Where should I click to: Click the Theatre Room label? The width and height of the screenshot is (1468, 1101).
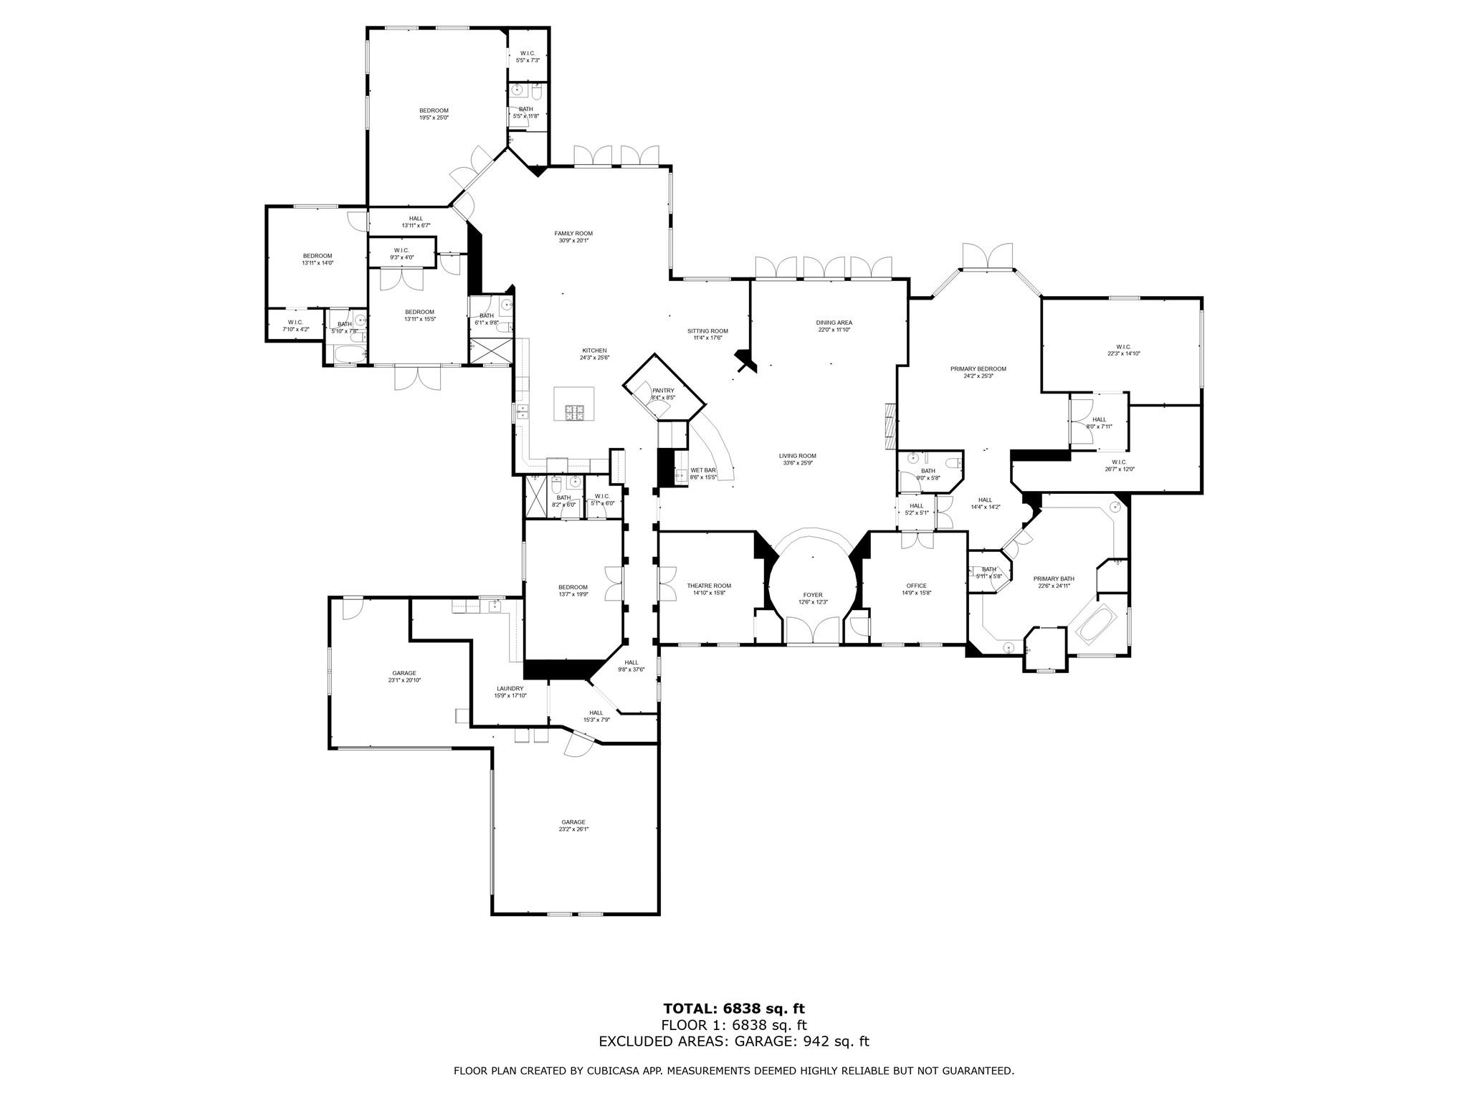point(708,586)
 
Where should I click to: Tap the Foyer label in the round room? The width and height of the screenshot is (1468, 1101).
point(813,595)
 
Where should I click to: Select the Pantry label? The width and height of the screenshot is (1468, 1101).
point(663,391)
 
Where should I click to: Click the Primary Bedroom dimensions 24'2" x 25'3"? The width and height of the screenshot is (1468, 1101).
point(978,376)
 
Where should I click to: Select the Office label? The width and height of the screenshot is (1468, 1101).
point(916,586)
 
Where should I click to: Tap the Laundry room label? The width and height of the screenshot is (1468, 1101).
point(510,688)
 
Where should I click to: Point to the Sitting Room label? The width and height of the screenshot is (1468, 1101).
point(707,331)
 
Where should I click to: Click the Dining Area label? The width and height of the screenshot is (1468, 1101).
point(834,323)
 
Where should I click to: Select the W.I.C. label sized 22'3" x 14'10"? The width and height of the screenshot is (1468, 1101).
point(1123,347)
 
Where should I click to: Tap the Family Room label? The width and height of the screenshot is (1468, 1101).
point(573,234)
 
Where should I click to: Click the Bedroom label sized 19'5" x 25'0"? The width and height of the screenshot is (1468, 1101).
point(434,110)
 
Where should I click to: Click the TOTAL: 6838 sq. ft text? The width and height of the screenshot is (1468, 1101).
point(733,1009)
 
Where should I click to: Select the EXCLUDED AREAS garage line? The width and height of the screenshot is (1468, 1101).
point(733,1042)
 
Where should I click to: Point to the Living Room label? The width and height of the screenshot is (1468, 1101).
point(797,456)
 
